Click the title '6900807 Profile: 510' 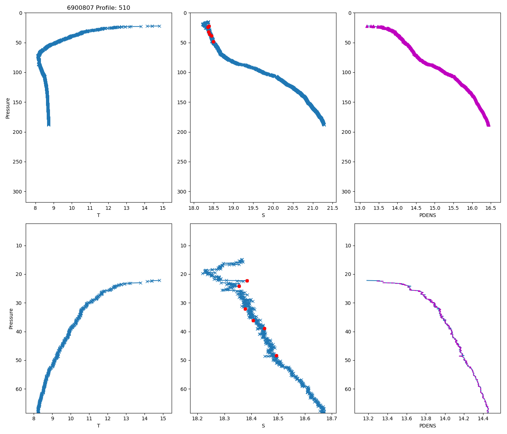click(99, 8)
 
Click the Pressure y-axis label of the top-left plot click(8, 108)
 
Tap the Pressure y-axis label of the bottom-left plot click(11, 319)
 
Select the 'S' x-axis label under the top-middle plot click(263, 215)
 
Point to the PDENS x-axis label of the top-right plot click(428, 215)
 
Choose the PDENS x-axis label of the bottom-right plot click(428, 426)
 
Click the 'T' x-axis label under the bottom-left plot click(99, 426)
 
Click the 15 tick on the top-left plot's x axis click(163, 208)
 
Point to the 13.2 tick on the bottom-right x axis click(368, 419)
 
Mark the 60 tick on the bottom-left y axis click(19, 389)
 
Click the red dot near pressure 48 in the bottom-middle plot click(276, 356)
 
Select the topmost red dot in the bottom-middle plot click(247, 281)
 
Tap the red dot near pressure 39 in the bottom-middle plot click(264, 328)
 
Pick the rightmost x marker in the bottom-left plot click(159, 280)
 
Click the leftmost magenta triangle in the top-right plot click(367, 26)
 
